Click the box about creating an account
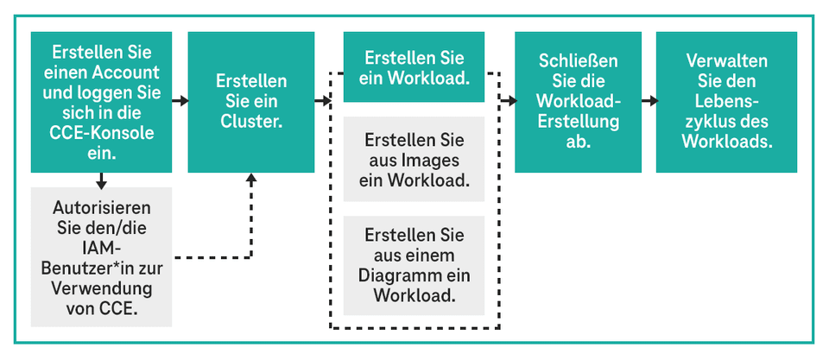click(x=102, y=102)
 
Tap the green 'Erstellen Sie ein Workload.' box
click(x=414, y=67)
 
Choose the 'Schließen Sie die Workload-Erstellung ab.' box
click(x=578, y=102)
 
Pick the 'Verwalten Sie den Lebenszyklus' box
click(x=726, y=102)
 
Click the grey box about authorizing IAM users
click(x=102, y=257)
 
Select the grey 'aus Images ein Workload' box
click(x=414, y=160)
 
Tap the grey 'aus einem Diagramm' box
click(x=414, y=265)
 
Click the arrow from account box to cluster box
click(x=180, y=101)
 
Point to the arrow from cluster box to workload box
click(x=322, y=101)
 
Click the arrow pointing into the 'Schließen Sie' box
click(x=509, y=101)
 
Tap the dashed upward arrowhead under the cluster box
click(x=251, y=179)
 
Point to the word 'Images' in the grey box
click(x=414, y=160)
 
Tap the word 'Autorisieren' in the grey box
click(x=102, y=208)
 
